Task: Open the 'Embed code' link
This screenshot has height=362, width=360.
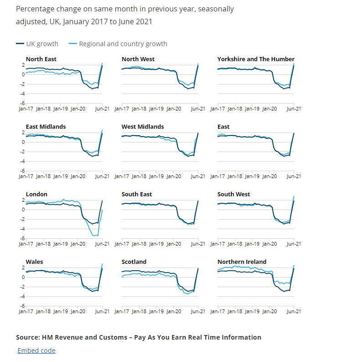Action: tap(36, 351)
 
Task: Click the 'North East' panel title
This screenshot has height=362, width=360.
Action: tap(41, 59)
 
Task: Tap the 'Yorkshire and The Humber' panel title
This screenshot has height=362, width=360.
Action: tap(256, 59)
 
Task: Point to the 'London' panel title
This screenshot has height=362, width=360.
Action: tap(37, 194)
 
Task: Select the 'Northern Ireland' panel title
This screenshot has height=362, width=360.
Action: tap(242, 262)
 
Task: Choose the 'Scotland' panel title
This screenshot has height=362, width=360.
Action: tap(134, 262)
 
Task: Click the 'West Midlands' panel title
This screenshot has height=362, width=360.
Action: tap(142, 126)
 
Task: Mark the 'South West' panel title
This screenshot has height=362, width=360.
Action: tap(234, 194)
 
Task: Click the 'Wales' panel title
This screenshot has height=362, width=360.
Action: tap(35, 262)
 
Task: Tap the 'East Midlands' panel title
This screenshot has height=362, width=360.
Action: tap(46, 126)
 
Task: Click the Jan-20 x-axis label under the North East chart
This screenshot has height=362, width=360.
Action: tap(78, 109)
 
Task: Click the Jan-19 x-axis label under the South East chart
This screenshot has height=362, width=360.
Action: tap(156, 244)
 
